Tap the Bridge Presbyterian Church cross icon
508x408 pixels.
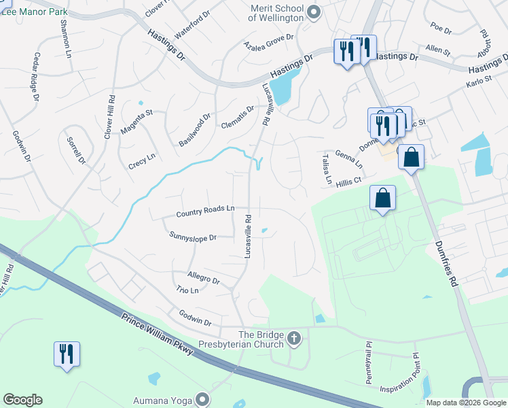(295, 338)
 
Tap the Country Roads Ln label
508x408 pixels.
(205, 213)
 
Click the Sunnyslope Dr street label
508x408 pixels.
(192, 237)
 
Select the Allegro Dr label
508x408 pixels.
(204, 279)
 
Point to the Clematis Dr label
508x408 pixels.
(237, 117)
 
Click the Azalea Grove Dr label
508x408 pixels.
(268, 41)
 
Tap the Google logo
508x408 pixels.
(22, 400)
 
